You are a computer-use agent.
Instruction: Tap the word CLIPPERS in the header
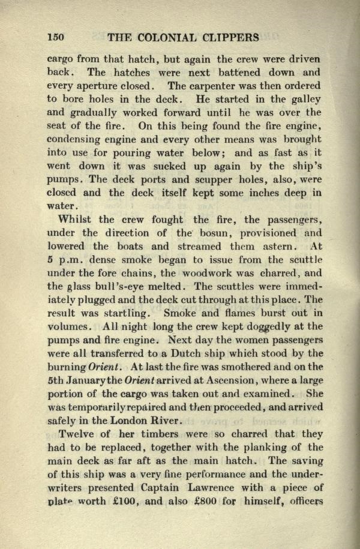(x=229, y=38)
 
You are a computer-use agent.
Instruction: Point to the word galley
(x=305, y=98)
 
